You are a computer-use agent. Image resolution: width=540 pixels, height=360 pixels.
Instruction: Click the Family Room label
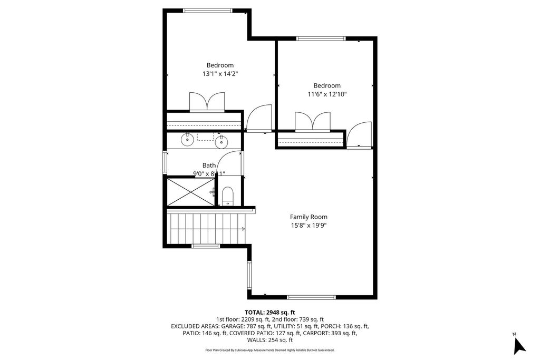point(308,217)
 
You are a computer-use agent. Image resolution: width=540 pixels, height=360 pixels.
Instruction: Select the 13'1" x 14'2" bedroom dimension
point(220,74)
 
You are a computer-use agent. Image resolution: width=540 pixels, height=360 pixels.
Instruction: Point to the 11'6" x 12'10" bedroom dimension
point(327,94)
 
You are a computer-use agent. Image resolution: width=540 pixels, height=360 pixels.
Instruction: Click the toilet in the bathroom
point(228,196)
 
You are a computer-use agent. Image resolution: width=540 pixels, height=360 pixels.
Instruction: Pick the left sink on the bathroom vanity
point(187,140)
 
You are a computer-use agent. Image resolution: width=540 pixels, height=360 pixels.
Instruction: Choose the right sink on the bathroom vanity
point(221,141)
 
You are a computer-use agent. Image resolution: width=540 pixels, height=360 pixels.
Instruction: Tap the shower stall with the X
point(190,191)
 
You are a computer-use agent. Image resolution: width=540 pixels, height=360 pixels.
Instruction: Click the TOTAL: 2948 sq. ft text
point(269,312)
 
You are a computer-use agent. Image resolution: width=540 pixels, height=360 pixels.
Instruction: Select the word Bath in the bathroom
point(209,166)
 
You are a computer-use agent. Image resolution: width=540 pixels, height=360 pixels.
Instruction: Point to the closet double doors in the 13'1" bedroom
point(207,102)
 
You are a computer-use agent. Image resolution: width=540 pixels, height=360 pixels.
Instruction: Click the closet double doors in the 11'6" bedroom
point(313,121)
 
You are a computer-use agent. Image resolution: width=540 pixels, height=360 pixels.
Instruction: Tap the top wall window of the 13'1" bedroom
point(207,10)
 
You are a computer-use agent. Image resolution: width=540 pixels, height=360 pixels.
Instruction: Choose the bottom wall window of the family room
point(311,297)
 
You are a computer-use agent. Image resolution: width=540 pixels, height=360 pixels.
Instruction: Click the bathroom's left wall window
point(165,162)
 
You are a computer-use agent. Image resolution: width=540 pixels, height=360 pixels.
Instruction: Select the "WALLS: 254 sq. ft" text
point(269,340)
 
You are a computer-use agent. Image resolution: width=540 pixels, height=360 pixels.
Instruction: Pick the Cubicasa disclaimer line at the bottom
point(269,350)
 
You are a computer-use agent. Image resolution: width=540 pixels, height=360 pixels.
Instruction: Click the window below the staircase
point(206,246)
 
